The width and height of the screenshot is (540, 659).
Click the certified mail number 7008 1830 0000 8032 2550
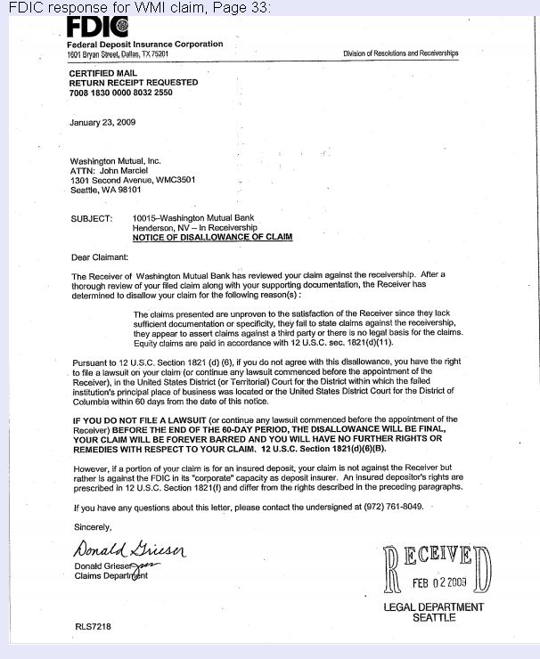(x=120, y=93)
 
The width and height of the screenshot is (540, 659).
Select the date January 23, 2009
(x=102, y=122)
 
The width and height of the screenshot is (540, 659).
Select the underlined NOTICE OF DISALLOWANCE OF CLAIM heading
(x=212, y=238)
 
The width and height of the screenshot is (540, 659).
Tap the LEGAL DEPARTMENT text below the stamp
(x=433, y=607)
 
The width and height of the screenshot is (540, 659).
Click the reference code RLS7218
(x=94, y=627)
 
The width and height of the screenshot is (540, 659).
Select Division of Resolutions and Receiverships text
(x=400, y=53)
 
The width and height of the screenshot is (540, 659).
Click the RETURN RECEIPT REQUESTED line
(x=133, y=82)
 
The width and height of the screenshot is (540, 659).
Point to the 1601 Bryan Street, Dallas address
(x=118, y=53)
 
